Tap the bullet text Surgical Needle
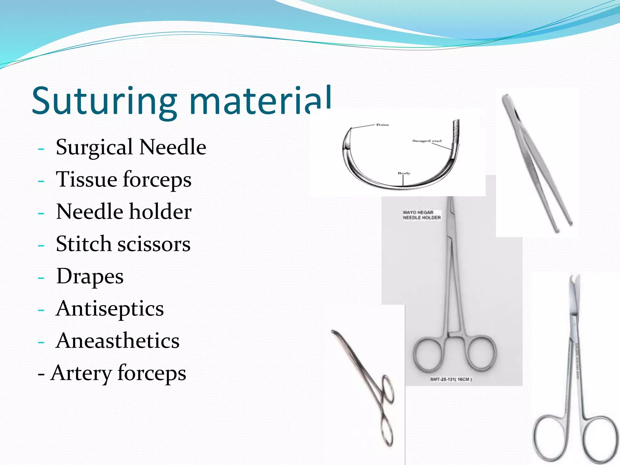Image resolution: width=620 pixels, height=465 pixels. coord(131,147)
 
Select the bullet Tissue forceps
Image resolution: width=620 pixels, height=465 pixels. coord(124,179)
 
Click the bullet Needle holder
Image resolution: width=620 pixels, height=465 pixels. coord(124,212)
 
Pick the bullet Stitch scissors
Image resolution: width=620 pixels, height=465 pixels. coord(123,244)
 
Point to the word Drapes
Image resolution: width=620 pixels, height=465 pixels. coord(90,276)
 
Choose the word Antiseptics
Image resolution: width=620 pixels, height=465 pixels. coord(110,309)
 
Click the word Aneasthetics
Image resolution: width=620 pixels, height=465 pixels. coord(117,341)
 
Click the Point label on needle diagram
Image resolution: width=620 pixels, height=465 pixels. coord(382,125)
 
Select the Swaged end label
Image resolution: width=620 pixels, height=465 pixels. coord(427,141)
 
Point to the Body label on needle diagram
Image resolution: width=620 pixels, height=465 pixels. coord(404,173)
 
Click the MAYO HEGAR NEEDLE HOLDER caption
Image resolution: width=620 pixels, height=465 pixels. coord(421,215)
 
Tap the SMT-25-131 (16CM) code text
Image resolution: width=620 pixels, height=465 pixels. coord(451,379)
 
